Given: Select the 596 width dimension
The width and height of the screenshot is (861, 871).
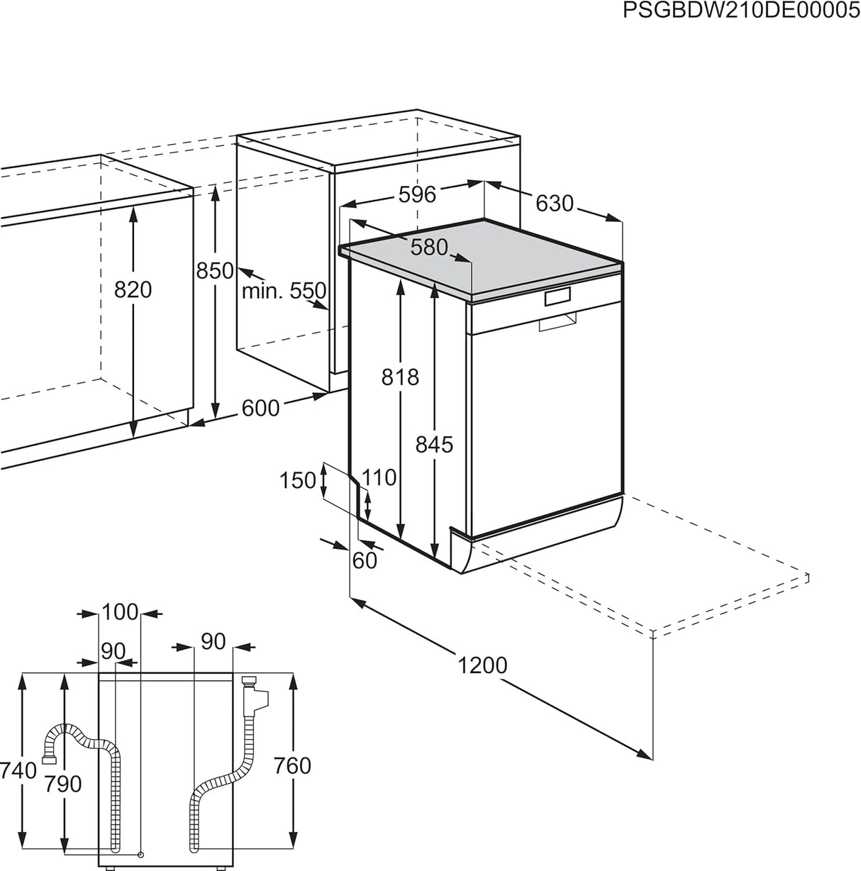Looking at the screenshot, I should click(x=416, y=194).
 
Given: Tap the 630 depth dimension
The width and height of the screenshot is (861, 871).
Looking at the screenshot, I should click(x=553, y=204).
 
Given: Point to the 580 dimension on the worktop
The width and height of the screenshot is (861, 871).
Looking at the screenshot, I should click(x=430, y=247).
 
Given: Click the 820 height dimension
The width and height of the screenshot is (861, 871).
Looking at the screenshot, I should click(x=133, y=289).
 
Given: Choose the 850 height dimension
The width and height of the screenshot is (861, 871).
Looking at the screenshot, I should click(x=215, y=270).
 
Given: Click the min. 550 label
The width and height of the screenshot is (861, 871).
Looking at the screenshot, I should click(x=284, y=291).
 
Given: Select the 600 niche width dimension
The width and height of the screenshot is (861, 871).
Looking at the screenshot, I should click(x=260, y=408).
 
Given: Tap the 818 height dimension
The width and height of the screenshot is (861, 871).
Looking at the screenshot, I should click(x=400, y=377).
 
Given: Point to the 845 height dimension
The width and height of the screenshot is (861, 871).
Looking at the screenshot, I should click(x=433, y=444).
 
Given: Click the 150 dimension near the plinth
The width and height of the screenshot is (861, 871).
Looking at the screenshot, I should click(x=297, y=480).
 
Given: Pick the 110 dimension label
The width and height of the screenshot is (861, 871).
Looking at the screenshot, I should click(x=379, y=477).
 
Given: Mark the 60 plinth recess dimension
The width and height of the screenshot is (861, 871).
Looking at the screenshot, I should click(x=365, y=560).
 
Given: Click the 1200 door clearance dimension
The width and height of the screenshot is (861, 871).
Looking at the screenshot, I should click(x=482, y=665).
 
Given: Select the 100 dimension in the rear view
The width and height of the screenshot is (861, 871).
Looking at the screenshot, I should click(x=120, y=611).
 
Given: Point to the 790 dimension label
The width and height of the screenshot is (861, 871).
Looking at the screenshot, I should click(x=63, y=783).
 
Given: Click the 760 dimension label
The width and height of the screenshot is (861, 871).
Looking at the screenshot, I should click(x=292, y=765).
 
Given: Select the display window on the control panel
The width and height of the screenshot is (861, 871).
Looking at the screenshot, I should click(x=557, y=297).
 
